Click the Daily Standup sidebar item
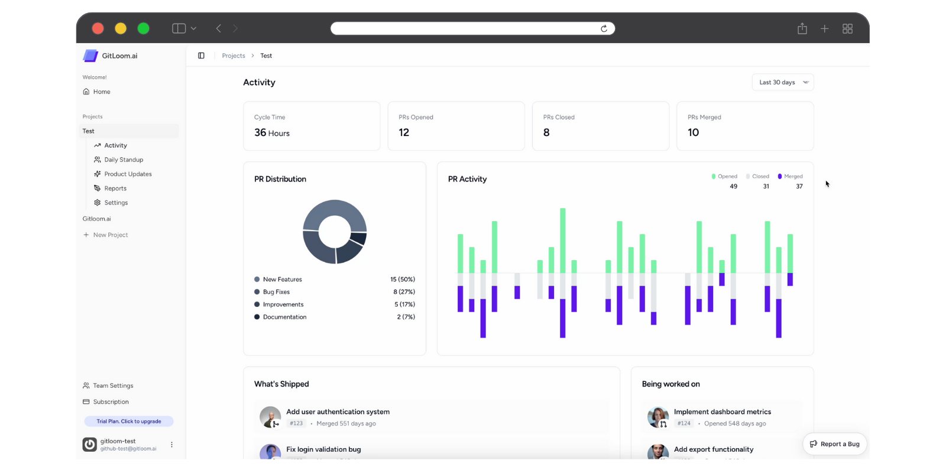tap(124, 160)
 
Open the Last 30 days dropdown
tap(782, 82)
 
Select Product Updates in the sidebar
tap(128, 174)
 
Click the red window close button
tap(98, 28)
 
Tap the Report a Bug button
tap(835, 444)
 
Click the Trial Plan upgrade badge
tap(129, 422)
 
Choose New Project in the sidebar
tap(110, 235)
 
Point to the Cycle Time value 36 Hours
tap(272, 133)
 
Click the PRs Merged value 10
tap(693, 132)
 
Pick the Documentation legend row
tap(284, 317)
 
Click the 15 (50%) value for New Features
tap(402, 279)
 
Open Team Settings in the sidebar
tap(113, 385)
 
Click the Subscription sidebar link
tap(111, 402)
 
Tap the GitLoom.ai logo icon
tap(90, 56)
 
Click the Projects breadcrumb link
tap(234, 56)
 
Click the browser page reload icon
tap(604, 28)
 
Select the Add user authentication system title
tap(338, 412)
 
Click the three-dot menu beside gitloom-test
tap(172, 445)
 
